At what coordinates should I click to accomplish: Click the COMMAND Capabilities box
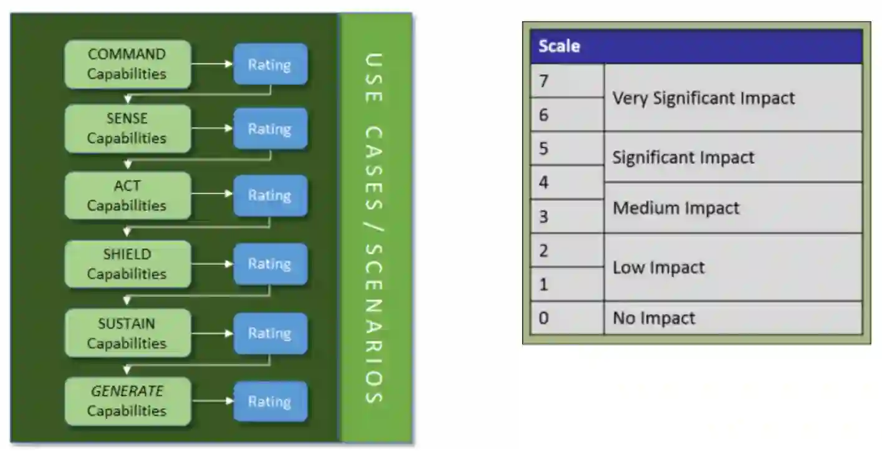(127, 64)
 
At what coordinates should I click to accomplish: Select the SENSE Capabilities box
(127, 129)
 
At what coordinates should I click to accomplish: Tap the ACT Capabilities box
(127, 196)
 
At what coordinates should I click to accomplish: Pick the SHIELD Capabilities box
(127, 264)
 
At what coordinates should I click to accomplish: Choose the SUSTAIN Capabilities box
(127, 333)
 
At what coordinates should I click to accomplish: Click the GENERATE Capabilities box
(127, 401)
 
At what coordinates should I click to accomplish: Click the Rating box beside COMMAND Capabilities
(270, 64)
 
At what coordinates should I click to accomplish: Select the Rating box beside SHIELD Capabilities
(270, 264)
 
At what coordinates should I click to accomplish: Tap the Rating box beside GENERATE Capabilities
(270, 401)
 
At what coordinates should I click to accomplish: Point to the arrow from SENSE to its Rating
(212, 129)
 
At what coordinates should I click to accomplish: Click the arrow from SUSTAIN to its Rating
(212, 333)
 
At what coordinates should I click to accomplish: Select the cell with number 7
(566, 81)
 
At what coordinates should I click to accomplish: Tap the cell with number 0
(566, 318)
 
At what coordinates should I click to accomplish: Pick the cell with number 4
(566, 183)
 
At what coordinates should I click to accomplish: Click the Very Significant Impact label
(704, 98)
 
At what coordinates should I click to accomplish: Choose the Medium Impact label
(676, 208)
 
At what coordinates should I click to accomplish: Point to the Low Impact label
(659, 267)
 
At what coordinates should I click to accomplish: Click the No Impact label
(654, 318)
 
